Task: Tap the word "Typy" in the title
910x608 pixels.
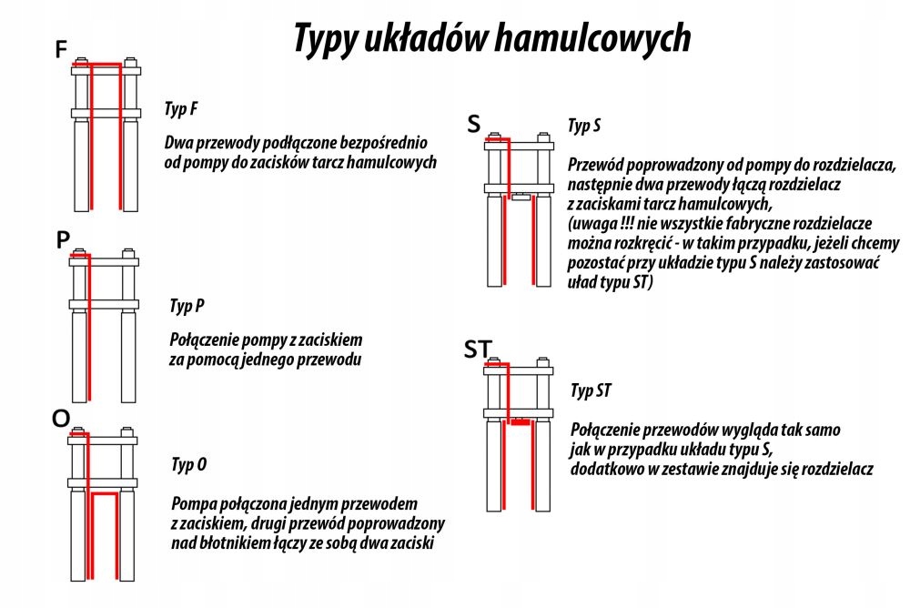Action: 327,39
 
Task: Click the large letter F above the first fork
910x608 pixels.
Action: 61,50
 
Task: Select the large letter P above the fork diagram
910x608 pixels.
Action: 62,240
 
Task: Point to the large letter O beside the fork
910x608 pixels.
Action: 61,418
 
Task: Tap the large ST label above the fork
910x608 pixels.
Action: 479,349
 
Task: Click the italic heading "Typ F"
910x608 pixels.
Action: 181,109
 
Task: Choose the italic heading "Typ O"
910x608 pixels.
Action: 188,465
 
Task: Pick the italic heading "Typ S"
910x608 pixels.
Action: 583,126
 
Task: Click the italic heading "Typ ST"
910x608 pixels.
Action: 591,391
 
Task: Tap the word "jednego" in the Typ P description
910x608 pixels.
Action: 261,360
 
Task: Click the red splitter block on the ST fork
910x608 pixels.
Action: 519,422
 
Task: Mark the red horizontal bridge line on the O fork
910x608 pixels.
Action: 105,493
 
